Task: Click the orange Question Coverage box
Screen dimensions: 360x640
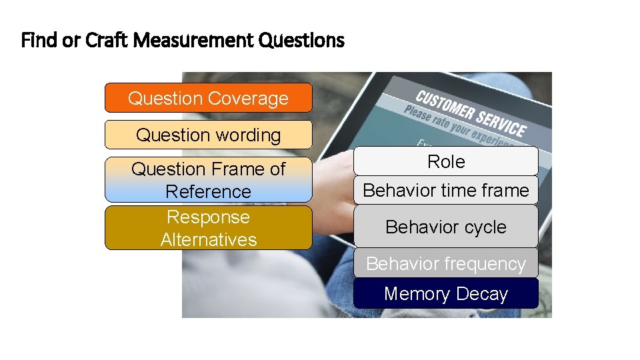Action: click(208, 98)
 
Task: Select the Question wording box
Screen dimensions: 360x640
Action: click(208, 135)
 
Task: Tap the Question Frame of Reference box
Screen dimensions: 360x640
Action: click(208, 180)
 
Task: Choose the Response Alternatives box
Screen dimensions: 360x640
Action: click(208, 228)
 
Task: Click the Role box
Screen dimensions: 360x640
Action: click(445, 161)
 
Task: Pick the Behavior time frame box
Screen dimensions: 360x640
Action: click(445, 191)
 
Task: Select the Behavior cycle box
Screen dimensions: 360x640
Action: click(445, 227)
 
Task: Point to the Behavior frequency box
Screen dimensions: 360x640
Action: click(445, 263)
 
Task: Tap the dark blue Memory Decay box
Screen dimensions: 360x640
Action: click(445, 293)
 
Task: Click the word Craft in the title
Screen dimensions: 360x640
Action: click(107, 41)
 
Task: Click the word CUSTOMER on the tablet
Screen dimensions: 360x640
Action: click(447, 107)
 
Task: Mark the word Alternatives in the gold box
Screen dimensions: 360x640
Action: click(208, 239)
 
